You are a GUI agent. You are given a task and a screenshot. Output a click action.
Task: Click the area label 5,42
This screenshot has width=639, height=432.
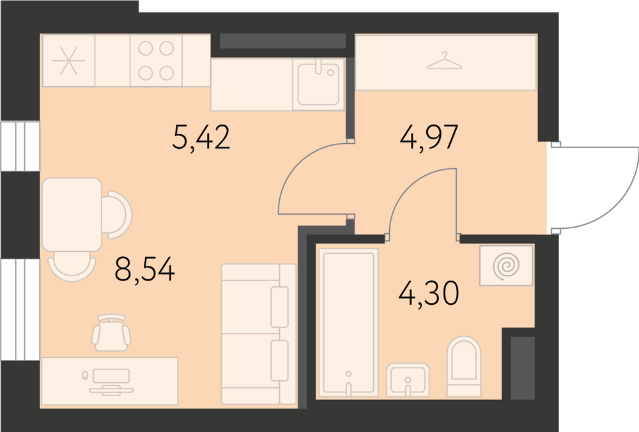click(x=201, y=137)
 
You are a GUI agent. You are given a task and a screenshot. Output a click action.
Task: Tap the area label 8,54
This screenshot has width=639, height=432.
click(x=144, y=270)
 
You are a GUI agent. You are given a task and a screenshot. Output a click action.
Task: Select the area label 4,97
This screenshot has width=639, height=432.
click(x=429, y=137)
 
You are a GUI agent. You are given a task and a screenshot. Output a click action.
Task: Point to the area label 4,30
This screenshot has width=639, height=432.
click(x=429, y=293)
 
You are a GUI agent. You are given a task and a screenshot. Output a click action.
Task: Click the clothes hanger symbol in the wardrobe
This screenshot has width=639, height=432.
click(x=445, y=61)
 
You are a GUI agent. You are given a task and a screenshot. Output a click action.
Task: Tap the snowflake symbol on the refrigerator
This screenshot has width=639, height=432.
click(x=69, y=61)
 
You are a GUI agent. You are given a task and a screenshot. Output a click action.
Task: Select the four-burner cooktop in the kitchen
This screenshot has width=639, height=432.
click(x=156, y=61)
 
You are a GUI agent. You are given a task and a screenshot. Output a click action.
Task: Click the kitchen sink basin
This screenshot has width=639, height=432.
click(x=318, y=84)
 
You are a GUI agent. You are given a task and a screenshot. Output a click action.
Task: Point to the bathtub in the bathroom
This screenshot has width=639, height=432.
click(x=348, y=322)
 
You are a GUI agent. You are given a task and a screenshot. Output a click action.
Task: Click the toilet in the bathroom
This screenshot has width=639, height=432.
click(x=464, y=366)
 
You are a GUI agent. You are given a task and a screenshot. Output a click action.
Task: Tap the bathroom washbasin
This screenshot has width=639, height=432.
click(x=408, y=380)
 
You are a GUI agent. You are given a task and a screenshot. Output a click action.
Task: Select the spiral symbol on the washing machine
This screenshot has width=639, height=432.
click(x=506, y=265)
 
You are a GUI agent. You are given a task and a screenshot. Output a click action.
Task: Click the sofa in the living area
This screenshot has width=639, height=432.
click(x=258, y=334)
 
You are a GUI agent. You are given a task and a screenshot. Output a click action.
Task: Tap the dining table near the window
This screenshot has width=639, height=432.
click(x=72, y=214)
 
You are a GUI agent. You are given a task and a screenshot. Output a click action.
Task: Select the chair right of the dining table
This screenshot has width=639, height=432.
click(x=118, y=214)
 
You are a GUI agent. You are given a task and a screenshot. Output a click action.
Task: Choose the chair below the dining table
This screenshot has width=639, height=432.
click(x=72, y=266)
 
